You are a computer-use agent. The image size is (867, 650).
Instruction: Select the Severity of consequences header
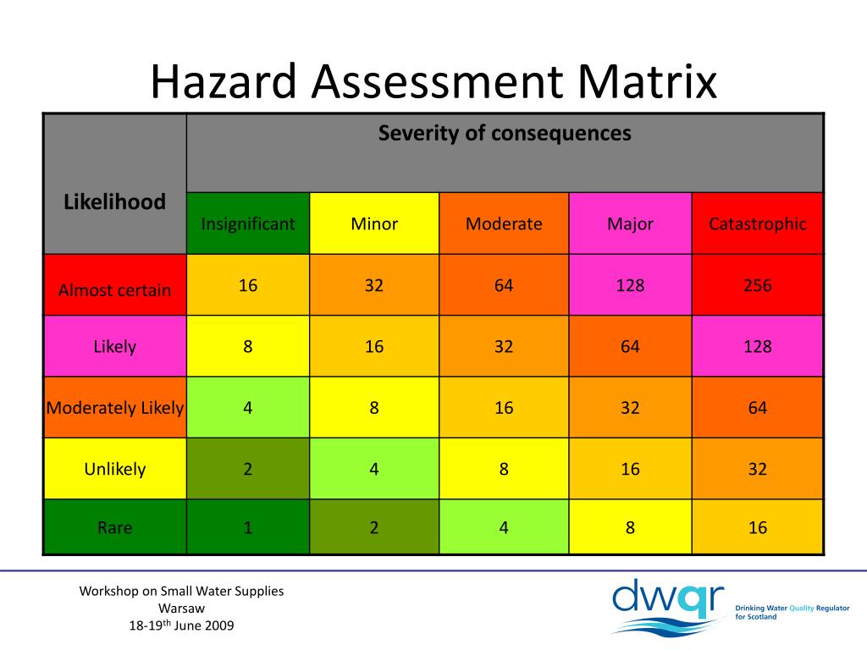[x=505, y=134]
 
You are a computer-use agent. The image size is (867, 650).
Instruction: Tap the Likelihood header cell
[x=115, y=202]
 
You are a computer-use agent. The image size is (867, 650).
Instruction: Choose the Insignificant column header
[x=248, y=224]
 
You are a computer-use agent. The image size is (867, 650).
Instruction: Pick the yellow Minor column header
[x=374, y=224]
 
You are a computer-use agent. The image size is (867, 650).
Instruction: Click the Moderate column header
[x=504, y=224]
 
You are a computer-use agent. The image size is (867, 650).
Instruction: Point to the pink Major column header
[x=630, y=224]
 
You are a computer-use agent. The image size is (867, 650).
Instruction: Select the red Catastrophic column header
[x=758, y=224]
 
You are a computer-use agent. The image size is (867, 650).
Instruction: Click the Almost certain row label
[x=115, y=290]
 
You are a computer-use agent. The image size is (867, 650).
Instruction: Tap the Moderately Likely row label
[x=115, y=408]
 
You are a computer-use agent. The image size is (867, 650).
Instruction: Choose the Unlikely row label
[x=115, y=469]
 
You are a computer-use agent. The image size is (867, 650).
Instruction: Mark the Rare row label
[x=115, y=528]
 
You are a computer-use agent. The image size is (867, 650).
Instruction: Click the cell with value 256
[x=758, y=285]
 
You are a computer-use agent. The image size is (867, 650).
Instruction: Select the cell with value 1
[x=248, y=528]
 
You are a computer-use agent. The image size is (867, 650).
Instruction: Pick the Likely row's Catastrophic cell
[x=758, y=346]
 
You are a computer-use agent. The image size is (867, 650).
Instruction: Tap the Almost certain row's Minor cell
[x=374, y=285]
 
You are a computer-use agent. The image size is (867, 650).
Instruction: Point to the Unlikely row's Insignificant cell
[x=248, y=469]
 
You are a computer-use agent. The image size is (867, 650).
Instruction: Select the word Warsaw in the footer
[x=181, y=609]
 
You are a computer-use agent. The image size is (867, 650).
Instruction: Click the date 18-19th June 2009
[x=181, y=625]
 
